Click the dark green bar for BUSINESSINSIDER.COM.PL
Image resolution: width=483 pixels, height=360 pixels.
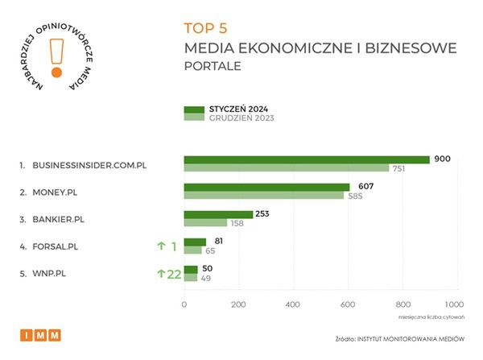click(x=307, y=159)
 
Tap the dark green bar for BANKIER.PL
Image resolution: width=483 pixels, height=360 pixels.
click(x=218, y=214)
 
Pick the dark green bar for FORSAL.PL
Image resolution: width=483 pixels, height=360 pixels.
click(x=195, y=242)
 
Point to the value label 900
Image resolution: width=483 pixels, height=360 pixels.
click(x=441, y=159)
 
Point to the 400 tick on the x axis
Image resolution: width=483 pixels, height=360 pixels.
click(x=293, y=304)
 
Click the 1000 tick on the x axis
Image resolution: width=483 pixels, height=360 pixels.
click(x=454, y=304)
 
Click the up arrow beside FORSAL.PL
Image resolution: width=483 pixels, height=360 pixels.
click(x=161, y=246)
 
